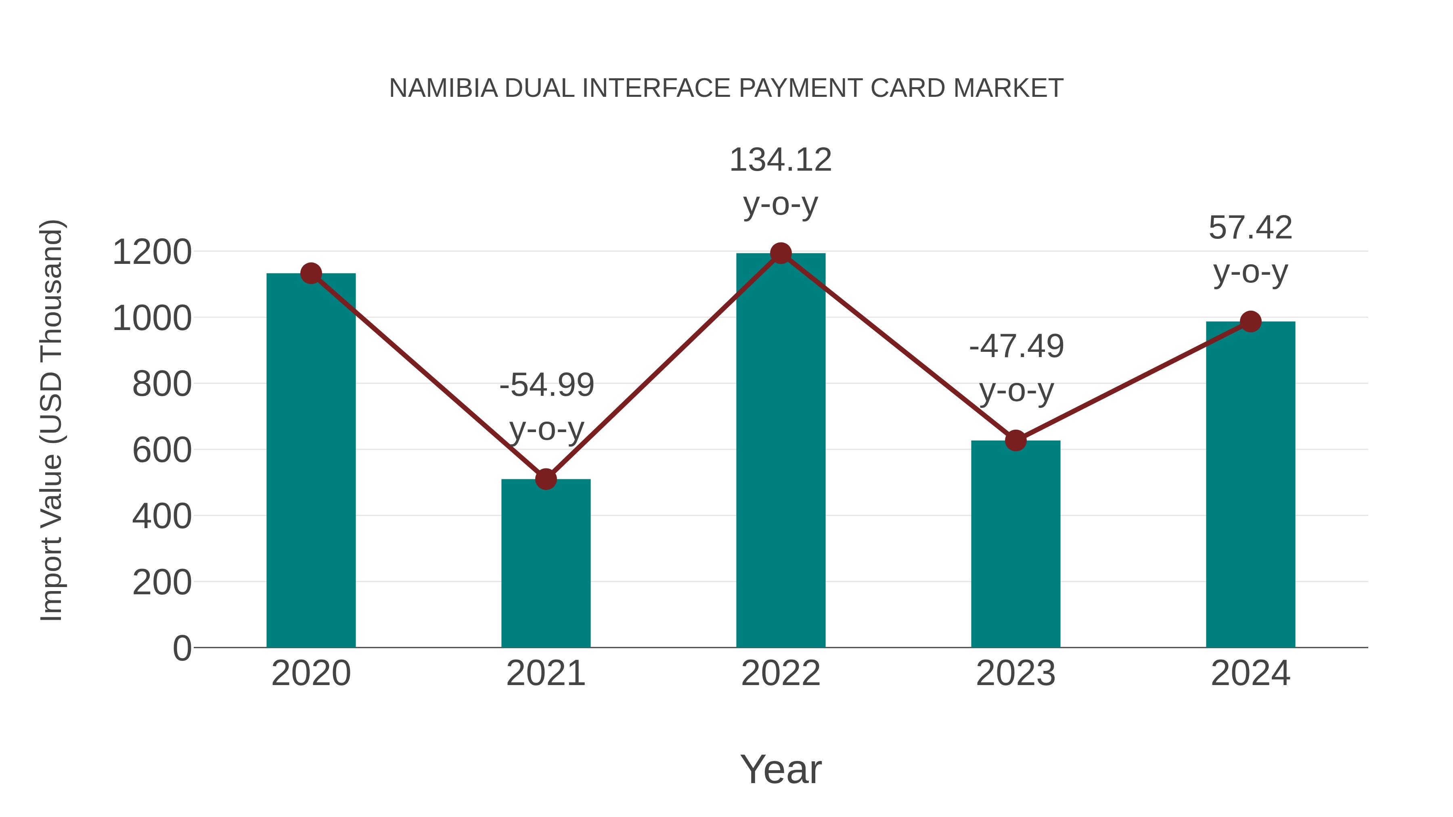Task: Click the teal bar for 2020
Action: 311,462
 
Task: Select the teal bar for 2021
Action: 545,564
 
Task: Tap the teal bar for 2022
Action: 781,451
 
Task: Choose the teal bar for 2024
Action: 1250,485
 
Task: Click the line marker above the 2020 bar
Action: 311,274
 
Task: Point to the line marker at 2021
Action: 545,479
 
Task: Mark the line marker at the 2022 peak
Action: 781,253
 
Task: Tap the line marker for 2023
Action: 1015,440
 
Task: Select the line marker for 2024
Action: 1250,322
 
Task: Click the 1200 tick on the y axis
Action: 152,252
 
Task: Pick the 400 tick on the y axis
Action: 162,516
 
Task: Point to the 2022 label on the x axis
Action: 781,673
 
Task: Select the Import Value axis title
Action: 52,420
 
